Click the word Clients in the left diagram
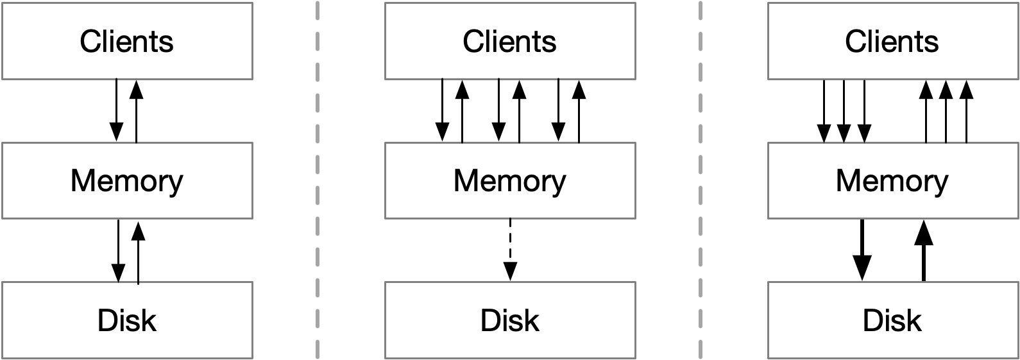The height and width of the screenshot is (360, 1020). click(x=126, y=42)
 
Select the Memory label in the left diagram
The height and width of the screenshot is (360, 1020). click(x=126, y=181)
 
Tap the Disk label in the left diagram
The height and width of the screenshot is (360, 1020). click(x=126, y=320)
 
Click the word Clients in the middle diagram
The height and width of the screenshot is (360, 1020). click(x=509, y=42)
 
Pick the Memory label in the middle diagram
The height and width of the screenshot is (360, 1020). click(x=509, y=181)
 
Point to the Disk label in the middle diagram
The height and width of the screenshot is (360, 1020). click(x=509, y=320)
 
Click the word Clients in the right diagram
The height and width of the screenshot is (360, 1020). click(x=892, y=42)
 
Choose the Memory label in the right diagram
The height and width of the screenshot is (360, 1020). click(x=892, y=181)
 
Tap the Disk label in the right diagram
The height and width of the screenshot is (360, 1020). click(x=892, y=320)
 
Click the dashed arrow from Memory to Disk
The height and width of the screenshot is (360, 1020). click(x=510, y=250)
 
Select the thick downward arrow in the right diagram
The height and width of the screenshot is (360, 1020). click(x=862, y=250)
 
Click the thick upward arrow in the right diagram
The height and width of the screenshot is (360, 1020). click(x=923, y=250)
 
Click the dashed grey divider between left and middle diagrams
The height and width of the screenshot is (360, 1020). click(x=318, y=180)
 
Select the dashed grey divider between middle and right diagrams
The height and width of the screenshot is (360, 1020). click(x=701, y=180)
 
